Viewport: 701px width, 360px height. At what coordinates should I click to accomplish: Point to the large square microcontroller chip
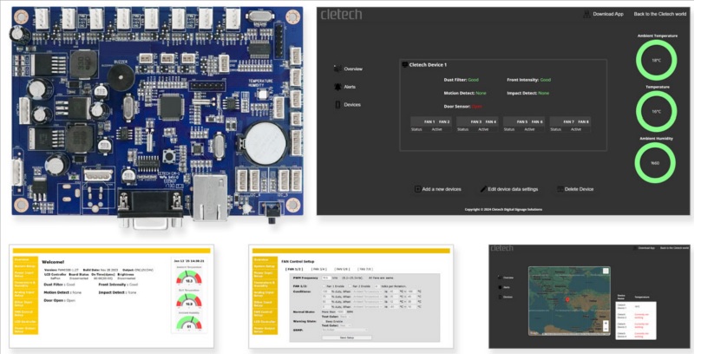tap(173, 107)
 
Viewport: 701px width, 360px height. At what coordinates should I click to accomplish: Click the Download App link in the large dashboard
tap(605, 14)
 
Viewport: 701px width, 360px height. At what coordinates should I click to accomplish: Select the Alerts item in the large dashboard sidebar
tap(352, 87)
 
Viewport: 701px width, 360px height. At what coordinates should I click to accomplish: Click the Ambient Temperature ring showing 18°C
tap(656, 61)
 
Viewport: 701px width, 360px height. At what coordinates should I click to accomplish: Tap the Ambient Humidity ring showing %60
tap(656, 161)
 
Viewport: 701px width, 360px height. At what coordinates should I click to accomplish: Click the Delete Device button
tap(575, 188)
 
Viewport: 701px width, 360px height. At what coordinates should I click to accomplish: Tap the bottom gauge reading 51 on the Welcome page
tap(189, 326)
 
